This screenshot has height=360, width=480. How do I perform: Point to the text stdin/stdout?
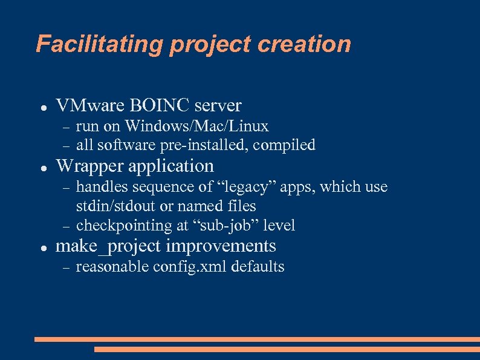point(117,206)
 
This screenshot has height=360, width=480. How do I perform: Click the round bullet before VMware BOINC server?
point(44,107)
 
